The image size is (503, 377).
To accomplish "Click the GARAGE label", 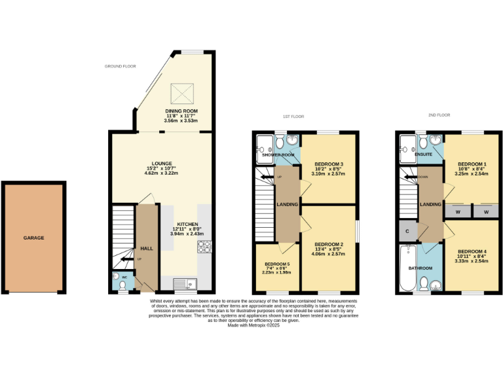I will (x=34, y=238).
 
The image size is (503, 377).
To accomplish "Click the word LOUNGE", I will (x=161, y=164).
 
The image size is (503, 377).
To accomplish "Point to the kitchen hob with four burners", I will (x=204, y=247).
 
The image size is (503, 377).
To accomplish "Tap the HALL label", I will (x=146, y=249).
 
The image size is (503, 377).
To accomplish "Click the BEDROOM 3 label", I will (x=329, y=164).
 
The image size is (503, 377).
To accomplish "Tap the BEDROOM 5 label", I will (x=278, y=264).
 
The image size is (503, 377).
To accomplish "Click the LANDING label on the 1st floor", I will (x=288, y=205).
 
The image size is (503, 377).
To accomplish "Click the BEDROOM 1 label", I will (x=472, y=164).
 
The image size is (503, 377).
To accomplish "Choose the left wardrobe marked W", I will (x=457, y=211).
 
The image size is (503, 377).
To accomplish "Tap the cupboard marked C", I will (x=407, y=231).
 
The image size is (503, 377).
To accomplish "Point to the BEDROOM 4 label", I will (x=472, y=252).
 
